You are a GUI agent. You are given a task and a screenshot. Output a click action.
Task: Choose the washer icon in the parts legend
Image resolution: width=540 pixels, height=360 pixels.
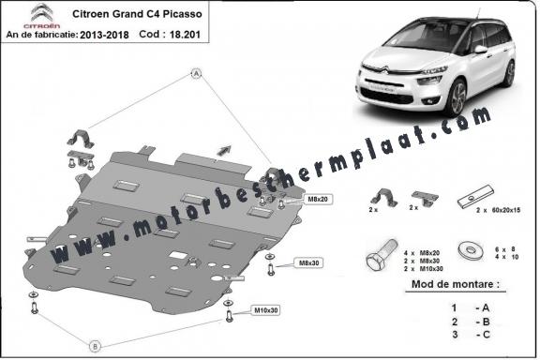(465, 250)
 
